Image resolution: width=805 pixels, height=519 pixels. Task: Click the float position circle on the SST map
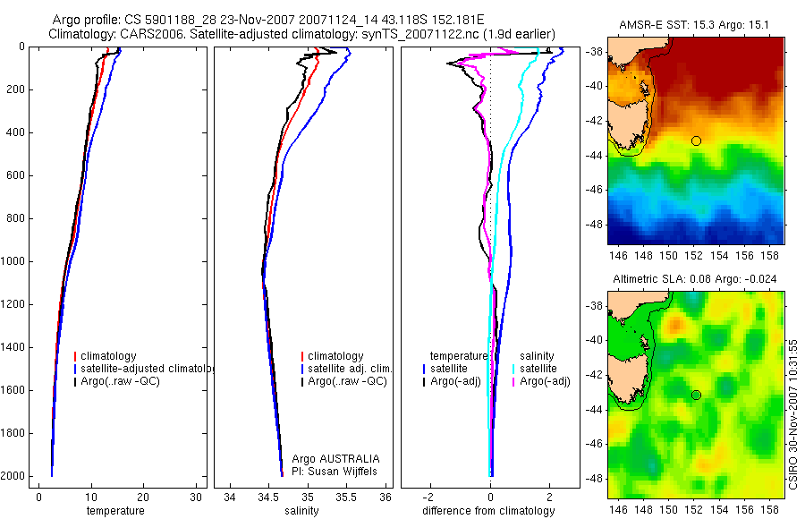[696, 140]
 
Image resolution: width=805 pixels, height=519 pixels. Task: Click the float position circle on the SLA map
[696, 395]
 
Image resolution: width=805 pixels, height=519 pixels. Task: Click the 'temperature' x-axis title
[114, 511]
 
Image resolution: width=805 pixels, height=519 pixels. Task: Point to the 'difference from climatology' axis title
[489, 511]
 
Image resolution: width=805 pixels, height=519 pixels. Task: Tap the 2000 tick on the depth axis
[16, 476]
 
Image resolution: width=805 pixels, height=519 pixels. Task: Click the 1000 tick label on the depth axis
[16, 261]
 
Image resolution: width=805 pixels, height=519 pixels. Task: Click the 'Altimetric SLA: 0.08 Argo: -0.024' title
[695, 279]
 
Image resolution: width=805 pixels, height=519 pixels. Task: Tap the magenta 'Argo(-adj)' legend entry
[545, 382]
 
